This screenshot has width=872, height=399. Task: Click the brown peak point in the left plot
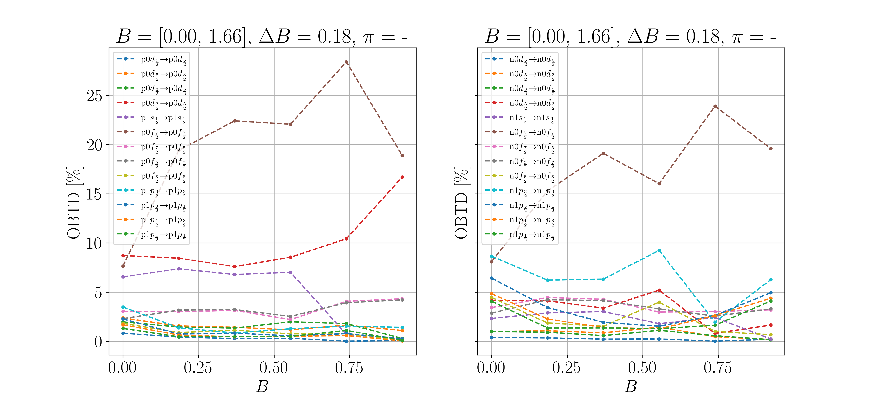(x=346, y=62)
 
